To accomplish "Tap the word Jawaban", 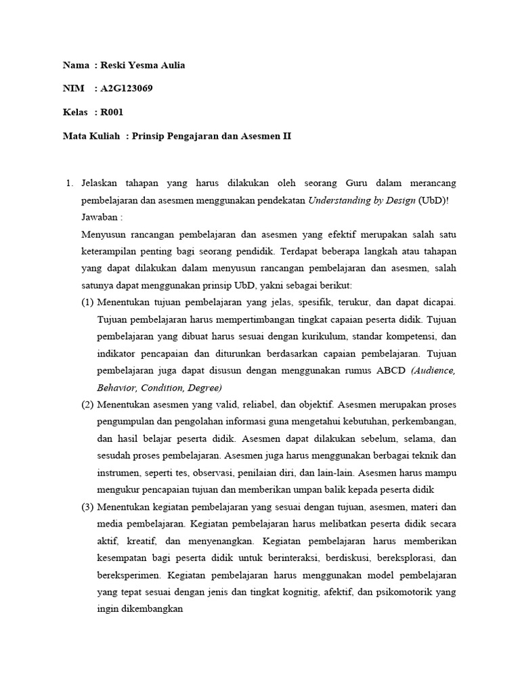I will [100, 217].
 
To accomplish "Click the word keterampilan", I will [110, 251].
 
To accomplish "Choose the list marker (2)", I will [87, 405].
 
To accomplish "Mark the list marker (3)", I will [87, 507].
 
